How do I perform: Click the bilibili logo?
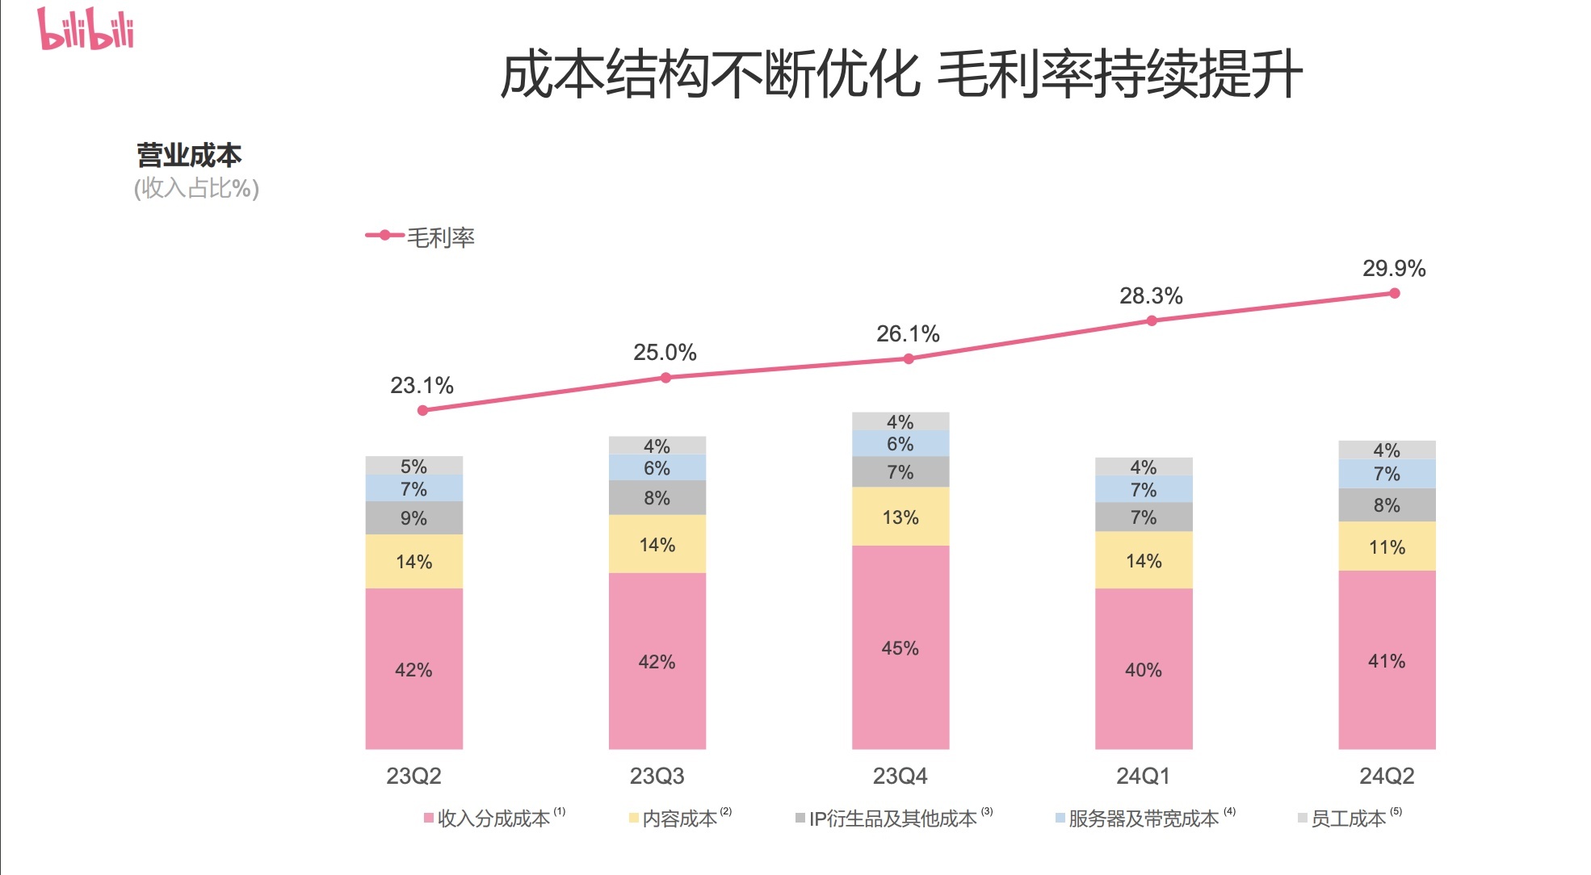click(86, 29)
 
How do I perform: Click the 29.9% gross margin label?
click(1393, 269)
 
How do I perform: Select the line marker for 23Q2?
click(422, 410)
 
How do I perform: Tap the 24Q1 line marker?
click(1152, 320)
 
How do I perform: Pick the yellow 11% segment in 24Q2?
click(1387, 546)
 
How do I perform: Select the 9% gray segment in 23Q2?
click(413, 517)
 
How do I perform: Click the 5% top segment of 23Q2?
click(413, 466)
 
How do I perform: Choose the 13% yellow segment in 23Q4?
click(900, 517)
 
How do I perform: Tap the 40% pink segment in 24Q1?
click(1143, 668)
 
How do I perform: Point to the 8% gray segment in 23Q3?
click(657, 498)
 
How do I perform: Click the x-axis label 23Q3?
click(657, 776)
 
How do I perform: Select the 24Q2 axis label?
click(1387, 776)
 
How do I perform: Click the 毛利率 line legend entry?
click(421, 237)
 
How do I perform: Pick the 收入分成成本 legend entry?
click(493, 818)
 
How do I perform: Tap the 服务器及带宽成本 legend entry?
click(1142, 818)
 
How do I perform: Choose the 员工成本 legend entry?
click(1347, 818)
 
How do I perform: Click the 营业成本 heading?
click(189, 155)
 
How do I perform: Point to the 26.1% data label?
click(908, 334)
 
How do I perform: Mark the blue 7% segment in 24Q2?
click(1387, 474)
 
